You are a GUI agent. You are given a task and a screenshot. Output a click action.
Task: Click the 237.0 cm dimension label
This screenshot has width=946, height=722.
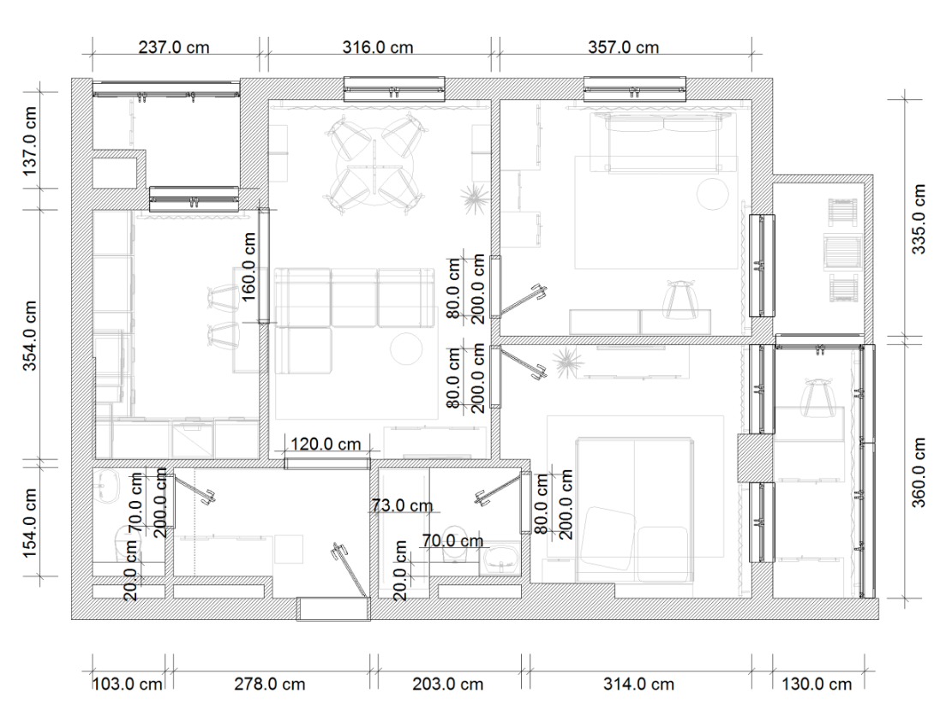174,47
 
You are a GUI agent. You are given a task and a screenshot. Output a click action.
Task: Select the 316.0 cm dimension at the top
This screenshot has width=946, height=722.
378,47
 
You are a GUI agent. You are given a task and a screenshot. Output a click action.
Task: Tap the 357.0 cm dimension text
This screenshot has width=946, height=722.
623,47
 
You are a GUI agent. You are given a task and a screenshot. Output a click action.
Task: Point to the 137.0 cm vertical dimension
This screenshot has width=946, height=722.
30,141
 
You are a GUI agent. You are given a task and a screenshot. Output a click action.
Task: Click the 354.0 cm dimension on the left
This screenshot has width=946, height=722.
30,336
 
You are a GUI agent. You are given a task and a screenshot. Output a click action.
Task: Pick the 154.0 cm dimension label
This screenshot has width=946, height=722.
30,523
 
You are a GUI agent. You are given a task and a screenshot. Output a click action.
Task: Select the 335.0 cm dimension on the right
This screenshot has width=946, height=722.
918,219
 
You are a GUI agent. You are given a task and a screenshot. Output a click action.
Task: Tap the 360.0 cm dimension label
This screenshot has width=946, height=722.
918,473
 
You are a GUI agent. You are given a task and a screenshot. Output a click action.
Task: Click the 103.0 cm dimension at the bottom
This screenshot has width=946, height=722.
128,684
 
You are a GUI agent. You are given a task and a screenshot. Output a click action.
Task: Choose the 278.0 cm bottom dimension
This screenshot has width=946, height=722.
270,684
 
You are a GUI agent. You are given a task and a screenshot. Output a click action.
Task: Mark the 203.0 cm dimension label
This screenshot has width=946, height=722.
447,684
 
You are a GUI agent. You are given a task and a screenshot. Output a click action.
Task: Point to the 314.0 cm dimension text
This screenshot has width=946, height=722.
639,684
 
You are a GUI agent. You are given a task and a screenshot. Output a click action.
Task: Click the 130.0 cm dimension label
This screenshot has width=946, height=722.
817,684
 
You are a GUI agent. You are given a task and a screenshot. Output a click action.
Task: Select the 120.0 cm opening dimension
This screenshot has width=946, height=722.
326,444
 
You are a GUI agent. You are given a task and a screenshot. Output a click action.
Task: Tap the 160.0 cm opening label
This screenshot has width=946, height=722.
248,266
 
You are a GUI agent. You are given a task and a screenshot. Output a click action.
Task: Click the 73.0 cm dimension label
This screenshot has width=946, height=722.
402,504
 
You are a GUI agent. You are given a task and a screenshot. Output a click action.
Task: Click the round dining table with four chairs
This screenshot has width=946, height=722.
374,163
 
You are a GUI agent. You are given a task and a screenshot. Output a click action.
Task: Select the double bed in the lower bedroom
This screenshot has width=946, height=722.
633,510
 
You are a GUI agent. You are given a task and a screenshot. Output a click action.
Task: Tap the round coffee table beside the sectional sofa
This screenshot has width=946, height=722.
406,349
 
